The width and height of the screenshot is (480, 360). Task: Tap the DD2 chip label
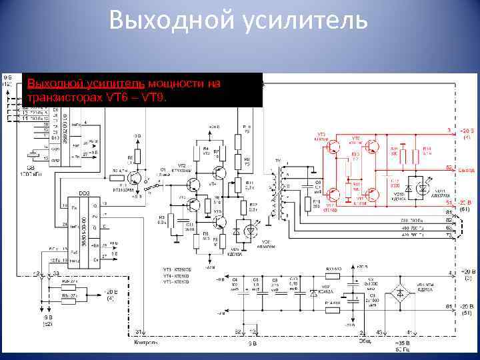(85, 193)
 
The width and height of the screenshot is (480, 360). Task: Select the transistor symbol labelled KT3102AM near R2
(137, 177)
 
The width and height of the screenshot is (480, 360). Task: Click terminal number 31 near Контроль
(139, 331)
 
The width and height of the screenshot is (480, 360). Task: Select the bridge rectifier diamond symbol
(401, 292)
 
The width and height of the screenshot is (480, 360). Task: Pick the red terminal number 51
(449, 202)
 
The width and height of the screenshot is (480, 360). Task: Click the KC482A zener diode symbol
(314, 292)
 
